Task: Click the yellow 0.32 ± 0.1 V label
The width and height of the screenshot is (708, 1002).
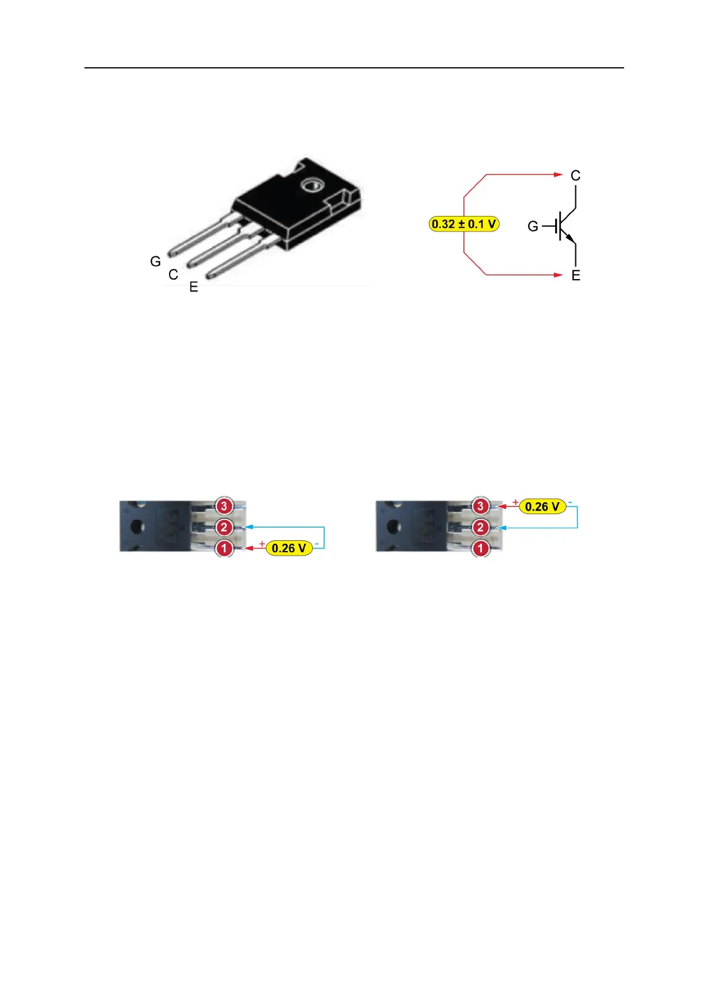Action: tap(464, 224)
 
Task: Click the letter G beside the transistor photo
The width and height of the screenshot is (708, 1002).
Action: tap(155, 261)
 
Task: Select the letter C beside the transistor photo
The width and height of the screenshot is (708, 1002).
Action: tap(173, 274)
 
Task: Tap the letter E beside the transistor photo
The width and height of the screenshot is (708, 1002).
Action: tap(193, 287)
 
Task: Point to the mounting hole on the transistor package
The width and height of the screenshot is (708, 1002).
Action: tap(311, 186)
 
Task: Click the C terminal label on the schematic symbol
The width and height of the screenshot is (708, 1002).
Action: tap(575, 176)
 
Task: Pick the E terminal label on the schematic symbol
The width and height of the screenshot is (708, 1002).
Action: tap(575, 275)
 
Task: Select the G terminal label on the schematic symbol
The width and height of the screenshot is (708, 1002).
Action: tap(533, 226)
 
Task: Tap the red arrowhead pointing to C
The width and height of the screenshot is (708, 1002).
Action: tap(558, 174)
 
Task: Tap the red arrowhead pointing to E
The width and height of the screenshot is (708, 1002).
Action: tap(558, 275)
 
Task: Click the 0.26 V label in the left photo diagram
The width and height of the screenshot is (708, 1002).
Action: tap(289, 548)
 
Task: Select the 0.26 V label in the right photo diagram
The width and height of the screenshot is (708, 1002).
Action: tap(542, 506)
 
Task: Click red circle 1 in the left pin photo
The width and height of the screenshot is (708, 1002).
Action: tap(224, 548)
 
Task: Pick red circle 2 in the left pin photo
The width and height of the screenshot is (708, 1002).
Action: tap(224, 527)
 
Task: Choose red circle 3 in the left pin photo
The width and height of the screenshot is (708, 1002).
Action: tap(224, 506)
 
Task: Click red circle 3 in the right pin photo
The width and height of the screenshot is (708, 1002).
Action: tap(481, 506)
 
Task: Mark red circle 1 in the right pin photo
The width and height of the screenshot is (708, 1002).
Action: tap(481, 548)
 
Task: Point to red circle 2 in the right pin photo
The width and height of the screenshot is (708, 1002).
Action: tap(481, 527)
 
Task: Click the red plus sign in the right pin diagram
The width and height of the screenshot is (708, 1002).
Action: tap(515, 502)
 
